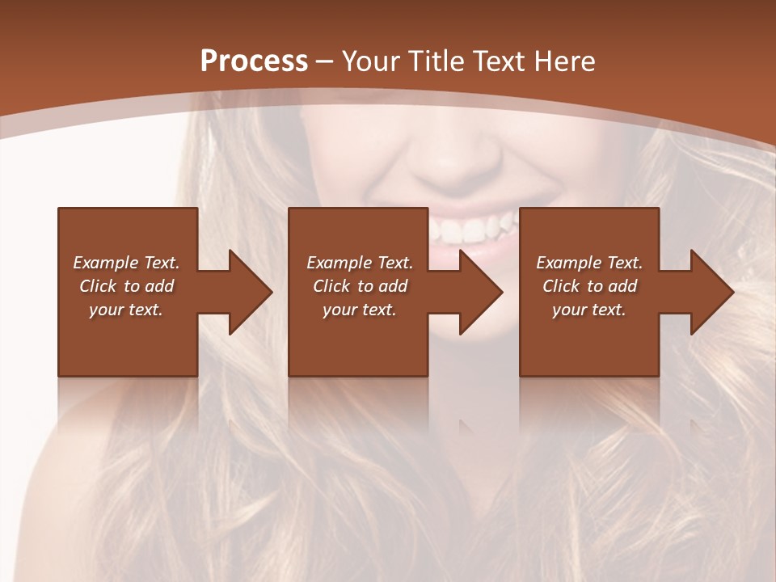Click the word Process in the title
pyautogui.click(x=254, y=61)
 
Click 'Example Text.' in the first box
pyautogui.click(x=126, y=263)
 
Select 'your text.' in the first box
pyautogui.click(x=126, y=310)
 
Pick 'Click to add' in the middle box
pyautogui.click(x=360, y=286)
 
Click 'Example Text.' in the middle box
pyautogui.click(x=360, y=263)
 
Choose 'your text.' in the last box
pyautogui.click(x=589, y=310)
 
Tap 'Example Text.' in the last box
pyautogui.click(x=589, y=263)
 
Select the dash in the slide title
pyautogui.click(x=325, y=61)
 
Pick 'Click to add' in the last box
pyautogui.click(x=589, y=286)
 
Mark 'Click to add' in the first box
pyautogui.click(x=126, y=286)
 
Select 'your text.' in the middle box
pyautogui.click(x=360, y=310)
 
